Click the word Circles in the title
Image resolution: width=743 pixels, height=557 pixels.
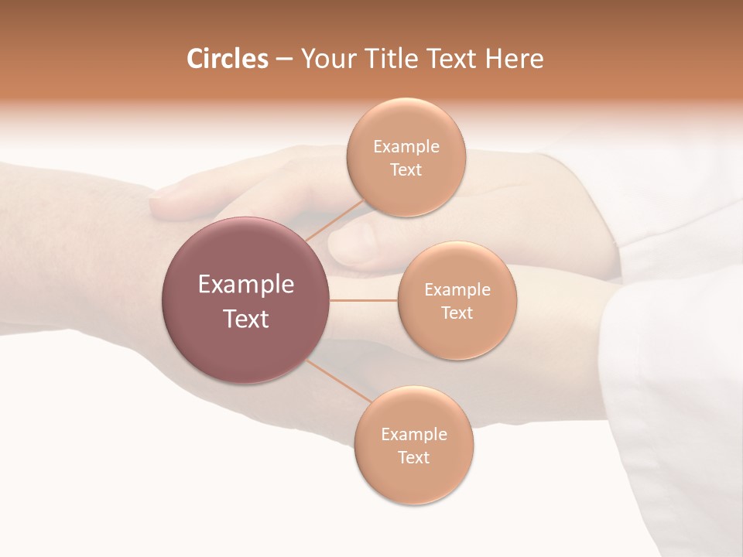tap(227, 59)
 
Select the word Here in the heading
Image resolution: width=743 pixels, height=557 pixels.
tap(515, 59)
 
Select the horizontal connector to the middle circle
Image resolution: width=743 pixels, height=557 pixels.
tap(363, 300)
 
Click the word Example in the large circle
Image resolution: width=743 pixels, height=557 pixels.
tap(246, 285)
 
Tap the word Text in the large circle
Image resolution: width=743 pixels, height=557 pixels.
tap(246, 319)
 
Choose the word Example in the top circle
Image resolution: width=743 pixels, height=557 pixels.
tap(406, 146)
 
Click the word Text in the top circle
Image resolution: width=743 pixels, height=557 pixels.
tap(406, 169)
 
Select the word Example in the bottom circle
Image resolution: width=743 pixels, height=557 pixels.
tap(414, 434)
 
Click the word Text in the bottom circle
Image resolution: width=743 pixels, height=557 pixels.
tap(414, 457)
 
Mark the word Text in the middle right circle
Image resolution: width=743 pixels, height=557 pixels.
tap(457, 313)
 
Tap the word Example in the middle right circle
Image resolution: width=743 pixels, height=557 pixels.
tap(457, 289)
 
